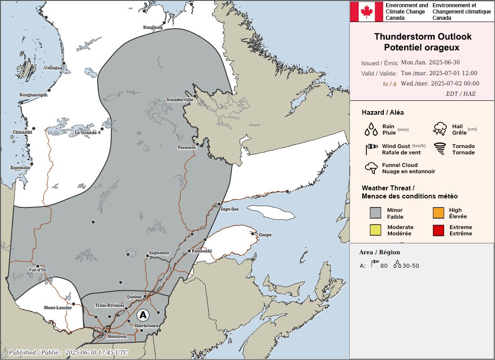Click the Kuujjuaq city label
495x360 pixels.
[153, 27]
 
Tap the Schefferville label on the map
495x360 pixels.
[180, 99]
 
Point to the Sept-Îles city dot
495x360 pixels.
[219, 204]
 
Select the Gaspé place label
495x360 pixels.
[265, 235]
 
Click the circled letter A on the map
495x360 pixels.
[143, 314]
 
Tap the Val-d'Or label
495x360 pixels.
[37, 270]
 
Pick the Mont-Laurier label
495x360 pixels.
[57, 308]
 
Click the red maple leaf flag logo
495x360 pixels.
[367, 12]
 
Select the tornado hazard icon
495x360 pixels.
[440, 148]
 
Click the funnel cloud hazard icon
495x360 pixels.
[371, 168]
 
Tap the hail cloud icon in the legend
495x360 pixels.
[440, 129]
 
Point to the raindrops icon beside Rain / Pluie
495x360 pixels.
[371, 129]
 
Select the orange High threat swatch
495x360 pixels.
[439, 213]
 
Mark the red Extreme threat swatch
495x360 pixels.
[439, 230]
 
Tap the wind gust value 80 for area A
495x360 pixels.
[384, 266]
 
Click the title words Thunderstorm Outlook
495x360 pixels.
[423, 36]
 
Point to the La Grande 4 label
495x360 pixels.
[88, 133]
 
